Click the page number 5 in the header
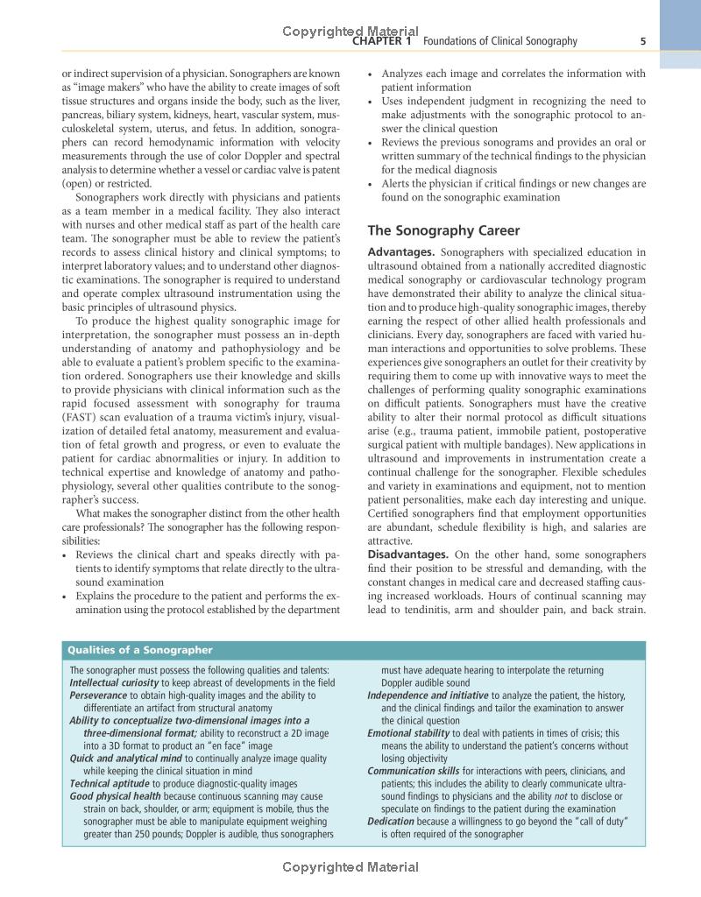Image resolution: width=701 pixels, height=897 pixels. click(643, 41)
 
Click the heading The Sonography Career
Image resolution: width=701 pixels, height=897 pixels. click(443, 231)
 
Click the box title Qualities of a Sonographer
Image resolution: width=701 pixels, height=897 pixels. click(140, 650)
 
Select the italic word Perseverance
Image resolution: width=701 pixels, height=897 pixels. click(98, 695)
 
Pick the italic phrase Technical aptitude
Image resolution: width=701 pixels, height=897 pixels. click(110, 783)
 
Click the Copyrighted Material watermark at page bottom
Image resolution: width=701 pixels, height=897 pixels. click(350, 868)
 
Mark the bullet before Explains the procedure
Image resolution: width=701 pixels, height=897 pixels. click(66, 597)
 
